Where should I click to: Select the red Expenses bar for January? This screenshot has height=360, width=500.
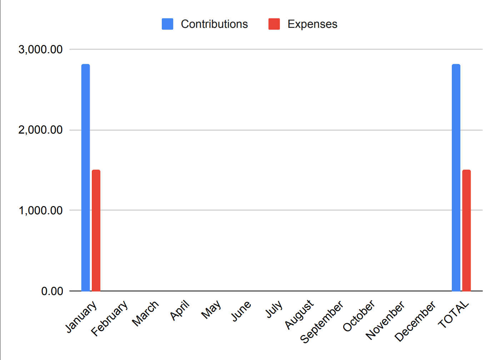coord(96,230)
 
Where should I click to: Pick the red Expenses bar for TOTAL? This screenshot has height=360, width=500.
coord(466,230)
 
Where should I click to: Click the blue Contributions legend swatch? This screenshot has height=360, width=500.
coord(167,24)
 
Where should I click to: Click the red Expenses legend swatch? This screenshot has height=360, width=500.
coord(274,24)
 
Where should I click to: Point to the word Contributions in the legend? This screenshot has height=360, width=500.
coord(214,24)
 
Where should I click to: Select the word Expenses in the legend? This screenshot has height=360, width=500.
coord(312,24)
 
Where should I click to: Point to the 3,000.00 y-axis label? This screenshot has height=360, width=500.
coord(40,49)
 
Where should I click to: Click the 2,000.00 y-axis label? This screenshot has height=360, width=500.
coord(40,130)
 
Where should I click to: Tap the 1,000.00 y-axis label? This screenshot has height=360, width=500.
coord(40,210)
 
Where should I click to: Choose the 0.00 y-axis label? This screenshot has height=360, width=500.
coord(52,291)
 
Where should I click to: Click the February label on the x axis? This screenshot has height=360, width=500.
coord(110,318)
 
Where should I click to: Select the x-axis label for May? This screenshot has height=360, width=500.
coord(211,309)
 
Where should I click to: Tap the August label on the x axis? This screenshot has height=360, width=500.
coord(299,314)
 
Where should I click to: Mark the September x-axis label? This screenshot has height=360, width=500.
coord(321,321)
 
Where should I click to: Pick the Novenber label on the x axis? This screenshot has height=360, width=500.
coord(385,320)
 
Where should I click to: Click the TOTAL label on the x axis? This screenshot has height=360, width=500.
coord(454,314)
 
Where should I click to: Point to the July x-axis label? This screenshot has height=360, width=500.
coord(274,309)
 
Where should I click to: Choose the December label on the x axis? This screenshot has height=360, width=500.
coord(415,321)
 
